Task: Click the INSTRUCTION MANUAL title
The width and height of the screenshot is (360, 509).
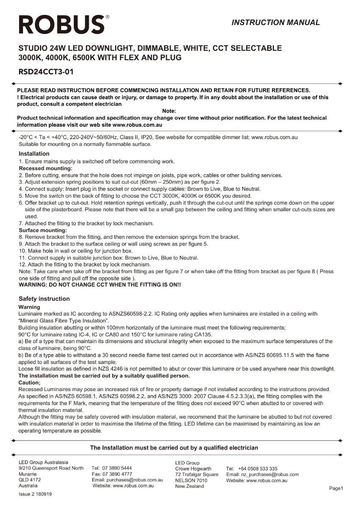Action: (x=276, y=22)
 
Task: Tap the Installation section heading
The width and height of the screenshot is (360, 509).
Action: (x=34, y=154)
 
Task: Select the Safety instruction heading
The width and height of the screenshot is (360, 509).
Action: (x=44, y=299)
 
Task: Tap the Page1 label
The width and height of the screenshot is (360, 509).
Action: (x=336, y=489)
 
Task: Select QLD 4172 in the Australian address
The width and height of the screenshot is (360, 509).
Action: (x=30, y=480)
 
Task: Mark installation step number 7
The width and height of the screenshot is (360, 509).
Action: (x=21, y=223)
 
